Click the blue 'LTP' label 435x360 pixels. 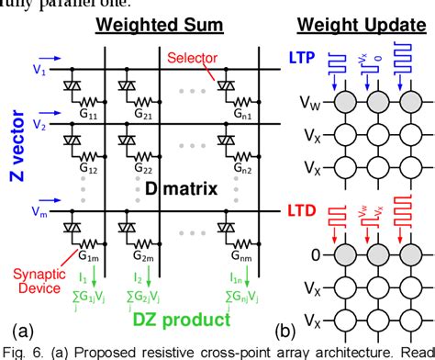(305, 58)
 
